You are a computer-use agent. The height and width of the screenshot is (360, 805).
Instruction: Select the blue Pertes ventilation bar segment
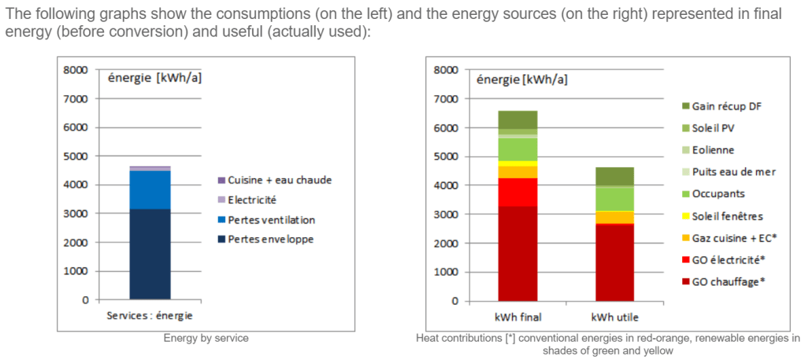coord(150,190)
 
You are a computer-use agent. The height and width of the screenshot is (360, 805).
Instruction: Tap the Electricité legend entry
coord(253,199)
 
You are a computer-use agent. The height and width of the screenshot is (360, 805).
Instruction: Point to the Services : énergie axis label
coord(150,316)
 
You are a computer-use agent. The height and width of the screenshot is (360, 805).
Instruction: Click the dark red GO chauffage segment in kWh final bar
coord(518,253)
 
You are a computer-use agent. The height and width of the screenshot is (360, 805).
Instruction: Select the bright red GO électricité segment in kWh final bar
coord(518,191)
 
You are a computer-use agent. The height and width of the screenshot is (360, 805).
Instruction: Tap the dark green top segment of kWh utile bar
coord(614,176)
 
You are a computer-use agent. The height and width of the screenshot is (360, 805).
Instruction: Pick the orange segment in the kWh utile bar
coord(614,217)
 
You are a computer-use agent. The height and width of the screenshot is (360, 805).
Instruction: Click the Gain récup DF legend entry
coord(727,106)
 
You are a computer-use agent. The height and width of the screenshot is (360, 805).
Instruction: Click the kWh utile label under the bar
coord(614,317)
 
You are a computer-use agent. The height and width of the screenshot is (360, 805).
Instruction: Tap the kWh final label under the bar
coord(518,317)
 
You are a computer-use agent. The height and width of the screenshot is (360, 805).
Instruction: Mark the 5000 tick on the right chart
coord(446,156)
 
